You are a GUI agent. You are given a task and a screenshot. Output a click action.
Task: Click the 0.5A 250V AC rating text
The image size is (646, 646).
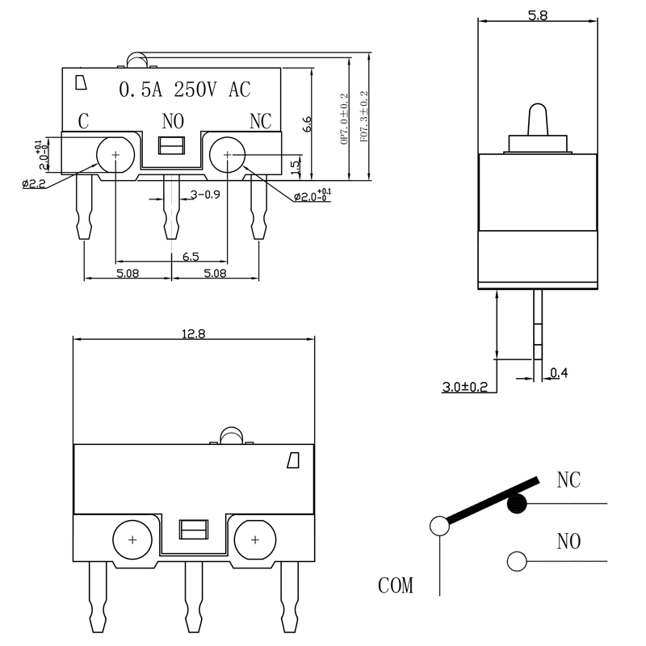pyautogui.click(x=186, y=90)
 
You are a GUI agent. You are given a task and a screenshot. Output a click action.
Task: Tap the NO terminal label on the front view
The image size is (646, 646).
pyautogui.click(x=174, y=122)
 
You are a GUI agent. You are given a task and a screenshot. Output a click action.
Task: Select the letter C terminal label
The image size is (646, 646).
pyautogui.click(x=82, y=122)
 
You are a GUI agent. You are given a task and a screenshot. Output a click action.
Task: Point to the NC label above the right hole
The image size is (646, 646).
pyautogui.click(x=260, y=122)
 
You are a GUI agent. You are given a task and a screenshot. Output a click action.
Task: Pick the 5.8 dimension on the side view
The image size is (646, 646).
pyautogui.click(x=538, y=15)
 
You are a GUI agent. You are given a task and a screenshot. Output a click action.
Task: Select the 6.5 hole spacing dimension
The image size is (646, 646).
pyautogui.click(x=191, y=256)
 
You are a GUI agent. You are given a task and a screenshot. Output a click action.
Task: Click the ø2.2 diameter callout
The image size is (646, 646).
pyautogui.click(x=34, y=184)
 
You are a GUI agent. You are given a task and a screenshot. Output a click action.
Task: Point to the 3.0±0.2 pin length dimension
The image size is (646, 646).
pyautogui.click(x=465, y=388)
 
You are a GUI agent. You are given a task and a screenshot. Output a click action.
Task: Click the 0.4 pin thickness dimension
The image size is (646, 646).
pyautogui.click(x=559, y=373)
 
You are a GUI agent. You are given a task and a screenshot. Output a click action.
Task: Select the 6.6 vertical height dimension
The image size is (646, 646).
pyautogui.click(x=307, y=124)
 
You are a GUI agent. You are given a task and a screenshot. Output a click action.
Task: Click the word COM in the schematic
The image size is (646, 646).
pyautogui.click(x=396, y=585)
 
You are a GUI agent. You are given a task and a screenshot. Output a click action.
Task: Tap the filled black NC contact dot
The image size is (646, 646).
pyautogui.click(x=517, y=505)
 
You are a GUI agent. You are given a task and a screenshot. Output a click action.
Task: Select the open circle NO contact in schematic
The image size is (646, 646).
pyautogui.click(x=516, y=560)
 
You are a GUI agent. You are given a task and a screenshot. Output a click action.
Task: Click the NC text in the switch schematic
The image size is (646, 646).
pyautogui.click(x=568, y=480)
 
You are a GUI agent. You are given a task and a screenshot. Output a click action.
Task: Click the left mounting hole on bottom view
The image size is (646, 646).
pyautogui.click(x=132, y=539)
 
